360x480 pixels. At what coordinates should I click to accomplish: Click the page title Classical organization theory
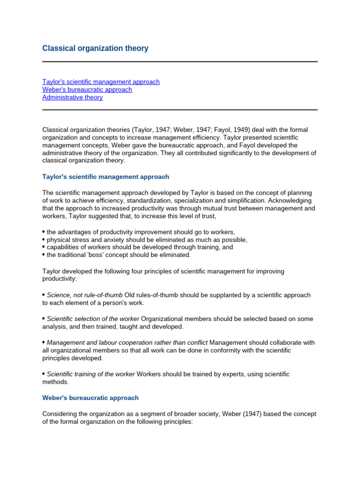pos(95,48)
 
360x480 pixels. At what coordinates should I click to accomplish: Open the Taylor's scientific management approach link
pos(101,82)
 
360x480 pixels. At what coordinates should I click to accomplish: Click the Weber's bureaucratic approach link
pos(87,90)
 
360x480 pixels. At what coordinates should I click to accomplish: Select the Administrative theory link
pos(73,97)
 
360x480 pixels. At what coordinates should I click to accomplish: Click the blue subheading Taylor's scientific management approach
pos(105,177)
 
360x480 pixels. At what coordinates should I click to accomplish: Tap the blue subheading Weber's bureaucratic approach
pos(90,397)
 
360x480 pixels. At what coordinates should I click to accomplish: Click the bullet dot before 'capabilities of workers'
pos(44,247)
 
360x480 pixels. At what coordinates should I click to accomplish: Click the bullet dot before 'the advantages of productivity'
pos(44,232)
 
